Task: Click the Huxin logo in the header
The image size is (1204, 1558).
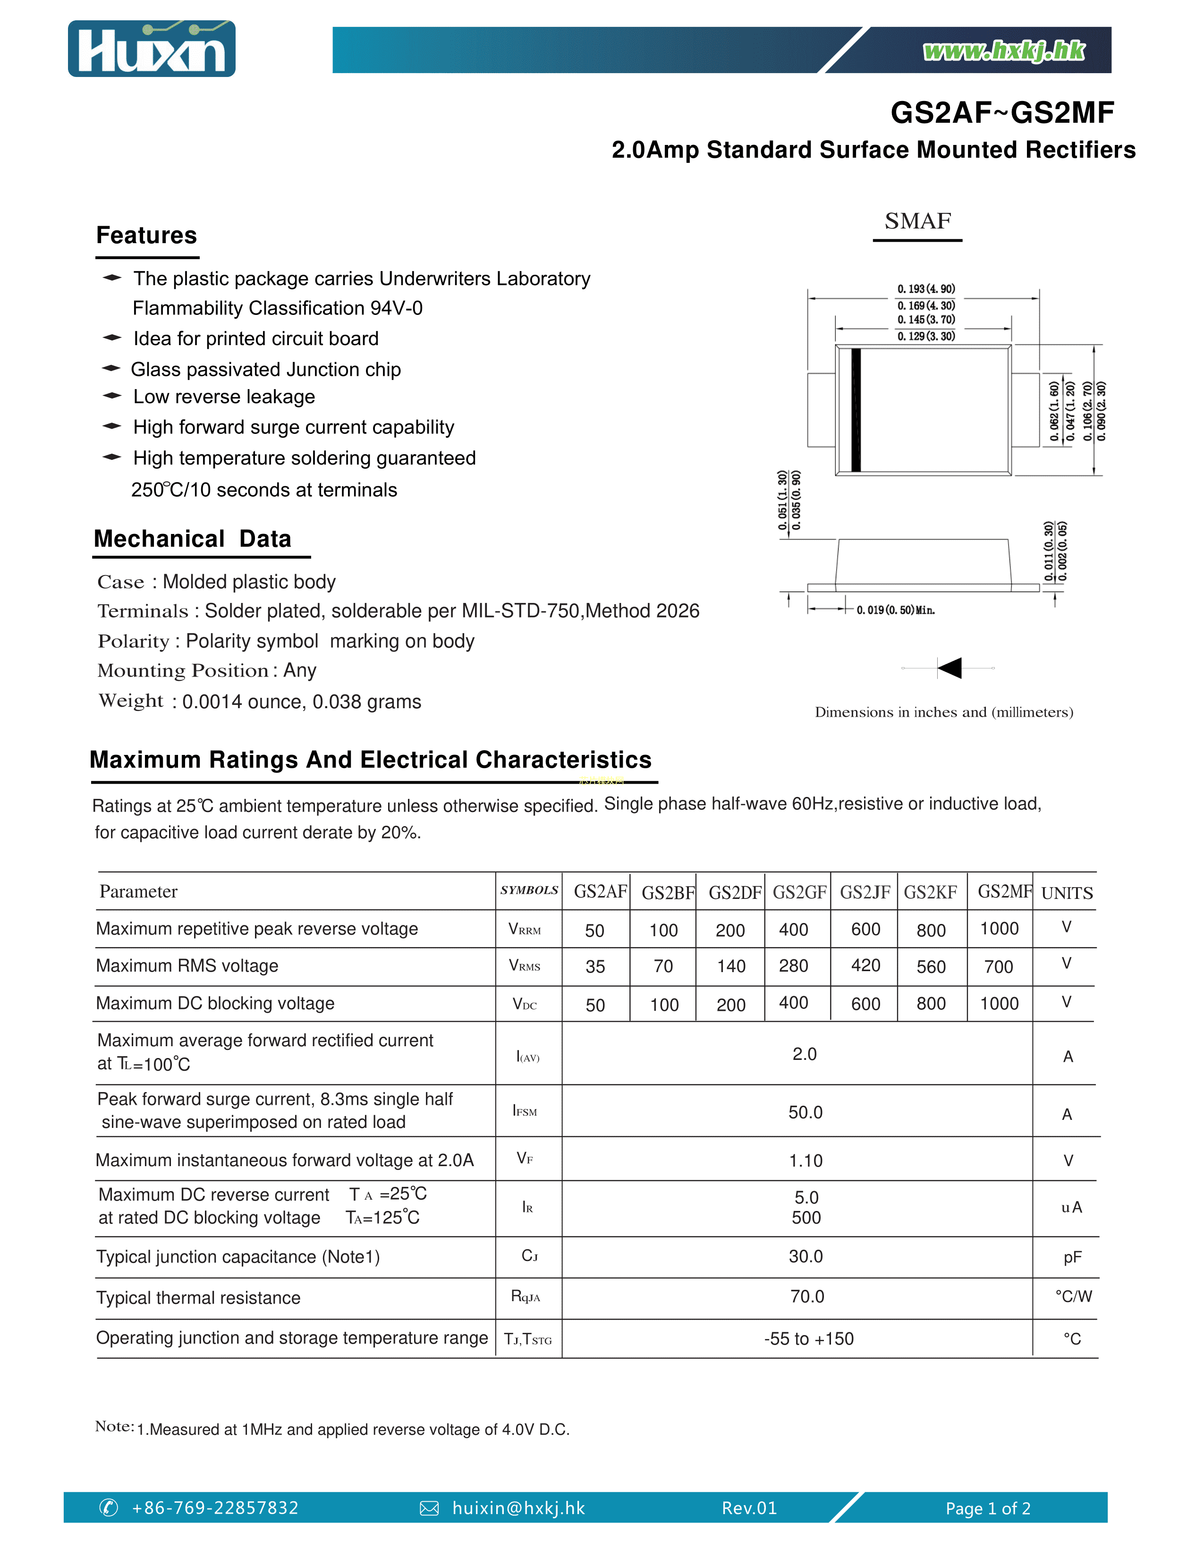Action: pos(151,49)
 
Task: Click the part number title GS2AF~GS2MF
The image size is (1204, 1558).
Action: pos(1001,113)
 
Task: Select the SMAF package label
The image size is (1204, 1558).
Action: pos(917,221)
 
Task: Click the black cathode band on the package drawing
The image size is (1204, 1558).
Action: pos(856,410)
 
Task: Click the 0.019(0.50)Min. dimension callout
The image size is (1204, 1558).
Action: pos(895,610)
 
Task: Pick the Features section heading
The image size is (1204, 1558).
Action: pos(146,236)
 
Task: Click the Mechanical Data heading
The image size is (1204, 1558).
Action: pos(193,539)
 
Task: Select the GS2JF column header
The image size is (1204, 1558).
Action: pos(865,892)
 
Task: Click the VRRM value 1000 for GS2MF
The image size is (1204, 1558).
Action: pos(999,928)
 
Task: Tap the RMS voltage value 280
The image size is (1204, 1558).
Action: pos(793,966)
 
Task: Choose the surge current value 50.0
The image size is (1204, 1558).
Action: pos(805,1112)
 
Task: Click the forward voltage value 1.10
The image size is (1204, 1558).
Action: pos(805,1160)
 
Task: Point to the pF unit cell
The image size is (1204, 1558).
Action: pos(1072,1257)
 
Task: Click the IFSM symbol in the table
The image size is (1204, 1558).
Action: pos(525,1111)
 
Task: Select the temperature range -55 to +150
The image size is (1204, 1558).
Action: pos(808,1339)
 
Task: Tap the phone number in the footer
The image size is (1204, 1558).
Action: pos(215,1507)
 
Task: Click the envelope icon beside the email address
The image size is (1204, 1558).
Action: pos(429,1508)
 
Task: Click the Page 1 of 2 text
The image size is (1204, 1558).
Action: pos(987,1508)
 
